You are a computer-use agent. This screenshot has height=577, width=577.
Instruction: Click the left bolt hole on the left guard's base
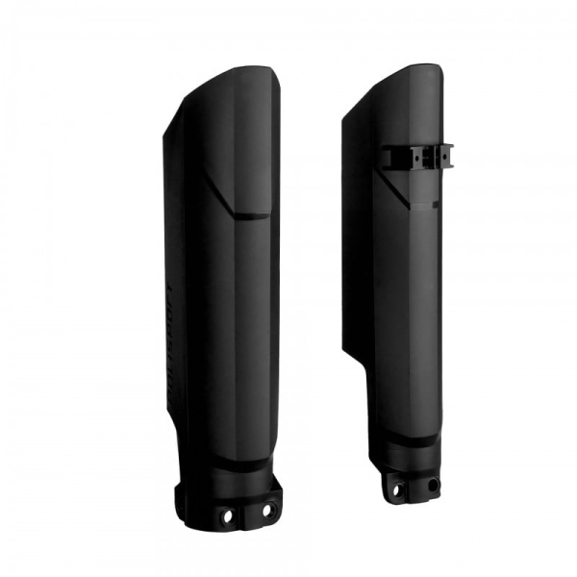pyautogui.click(x=228, y=516)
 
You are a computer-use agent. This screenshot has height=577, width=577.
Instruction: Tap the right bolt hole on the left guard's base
pyautogui.click(x=268, y=509)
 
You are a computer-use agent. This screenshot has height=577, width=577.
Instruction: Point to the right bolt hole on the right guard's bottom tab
pyautogui.click(x=433, y=484)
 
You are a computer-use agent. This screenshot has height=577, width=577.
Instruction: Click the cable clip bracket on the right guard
pyautogui.click(x=417, y=157)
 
